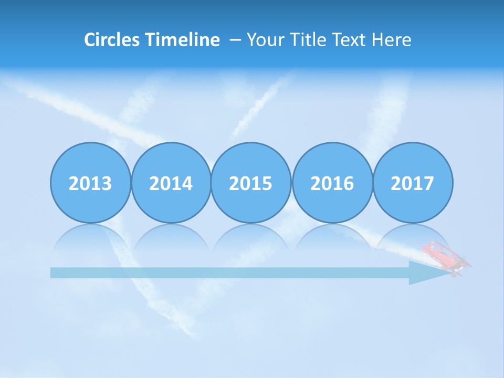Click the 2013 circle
[x=90, y=183]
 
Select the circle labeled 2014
[x=171, y=183]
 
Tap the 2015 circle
[x=251, y=183]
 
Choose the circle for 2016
[x=332, y=183]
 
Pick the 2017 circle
[x=413, y=183]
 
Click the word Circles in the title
[x=112, y=39]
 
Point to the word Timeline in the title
[x=183, y=39]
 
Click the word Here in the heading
[x=391, y=39]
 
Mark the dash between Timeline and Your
[x=236, y=40]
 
